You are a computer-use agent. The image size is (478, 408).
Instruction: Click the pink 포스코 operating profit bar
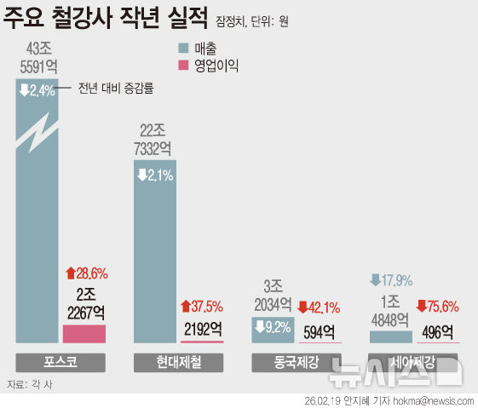pyautogui.click(x=84, y=333)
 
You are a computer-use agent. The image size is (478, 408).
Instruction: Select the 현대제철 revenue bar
pyautogui.click(x=155, y=256)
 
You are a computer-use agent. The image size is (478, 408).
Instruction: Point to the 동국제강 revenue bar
pyautogui.click(x=273, y=330)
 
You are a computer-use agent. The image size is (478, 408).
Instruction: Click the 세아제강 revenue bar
pyautogui.click(x=390, y=336)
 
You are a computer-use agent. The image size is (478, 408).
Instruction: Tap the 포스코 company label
pyautogui.click(x=60, y=362)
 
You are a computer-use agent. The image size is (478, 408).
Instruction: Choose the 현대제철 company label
pyautogui.click(x=178, y=362)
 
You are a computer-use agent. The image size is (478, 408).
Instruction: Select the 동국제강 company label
pyautogui.click(x=297, y=362)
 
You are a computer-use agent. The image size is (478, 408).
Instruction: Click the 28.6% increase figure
pyautogui.click(x=86, y=273)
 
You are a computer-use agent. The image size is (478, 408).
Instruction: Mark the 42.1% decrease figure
pyautogui.click(x=319, y=306)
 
